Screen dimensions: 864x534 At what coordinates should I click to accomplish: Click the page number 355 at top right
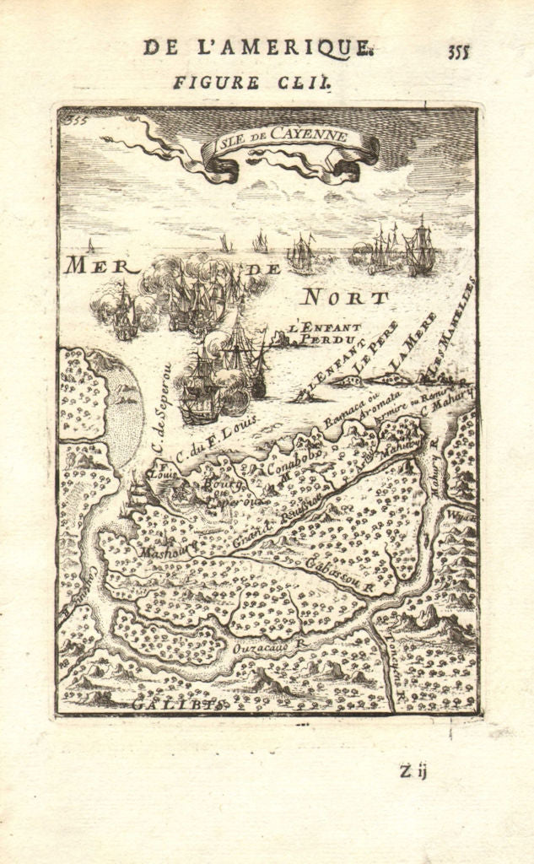[459, 51]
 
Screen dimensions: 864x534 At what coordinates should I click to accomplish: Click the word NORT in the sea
[345, 297]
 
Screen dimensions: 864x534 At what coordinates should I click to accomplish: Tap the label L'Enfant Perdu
[324, 332]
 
